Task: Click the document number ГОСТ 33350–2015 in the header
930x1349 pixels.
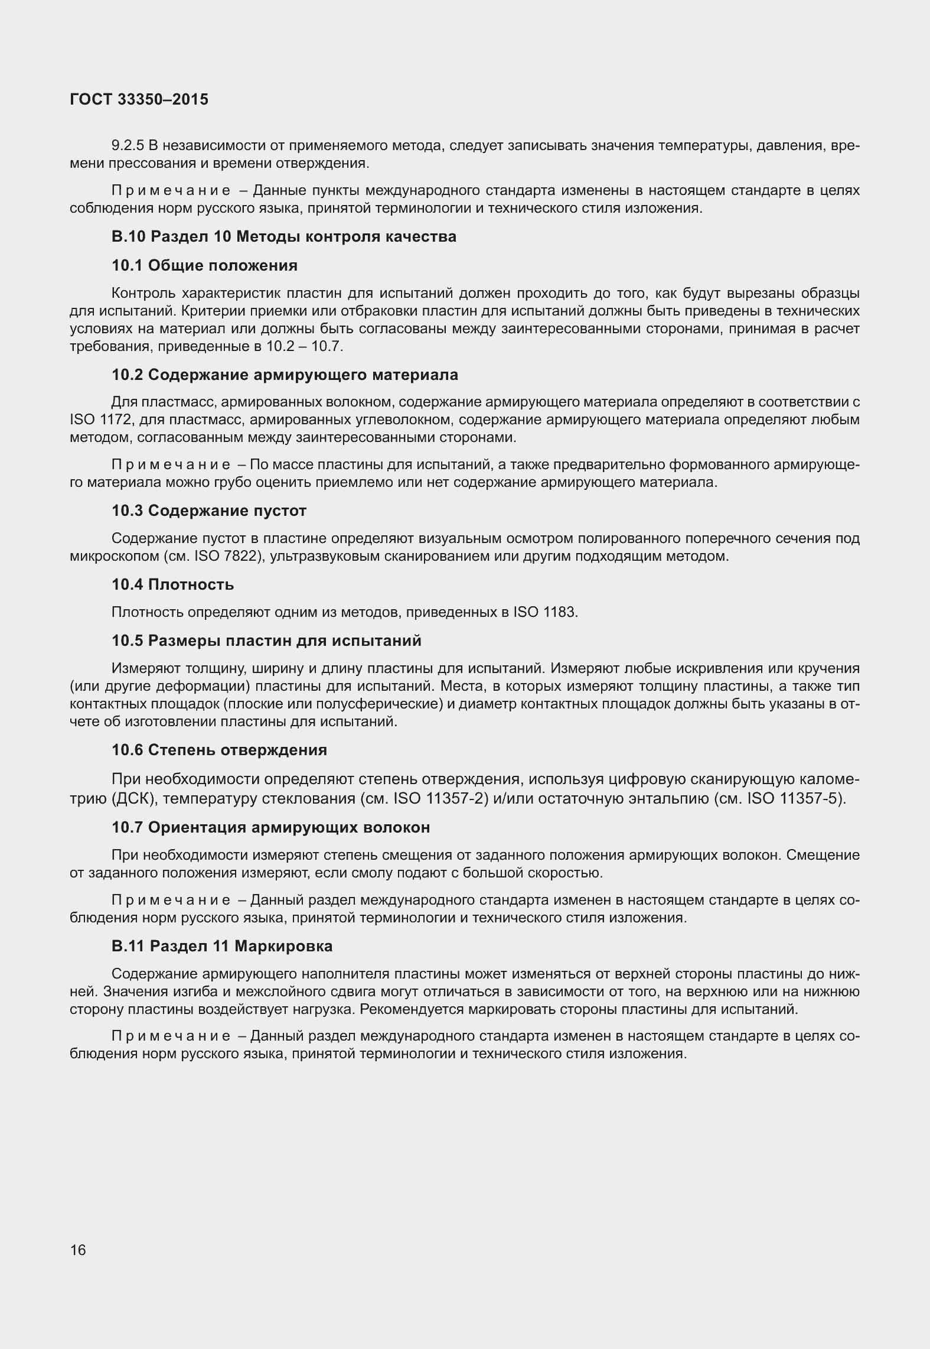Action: (139, 100)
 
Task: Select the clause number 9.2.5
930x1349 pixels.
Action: (127, 145)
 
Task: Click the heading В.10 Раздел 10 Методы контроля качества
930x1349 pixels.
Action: (284, 237)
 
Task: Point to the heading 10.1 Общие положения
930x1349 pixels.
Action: (204, 265)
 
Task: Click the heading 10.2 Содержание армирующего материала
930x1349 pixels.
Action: (285, 375)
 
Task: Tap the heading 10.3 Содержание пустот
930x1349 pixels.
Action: (209, 511)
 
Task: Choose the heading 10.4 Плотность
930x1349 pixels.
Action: (173, 585)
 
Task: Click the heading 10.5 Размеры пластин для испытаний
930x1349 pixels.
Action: (266, 641)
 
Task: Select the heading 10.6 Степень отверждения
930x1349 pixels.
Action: (219, 750)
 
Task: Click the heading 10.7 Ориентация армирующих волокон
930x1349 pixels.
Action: (270, 828)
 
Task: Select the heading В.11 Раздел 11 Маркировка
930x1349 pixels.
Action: (222, 946)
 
